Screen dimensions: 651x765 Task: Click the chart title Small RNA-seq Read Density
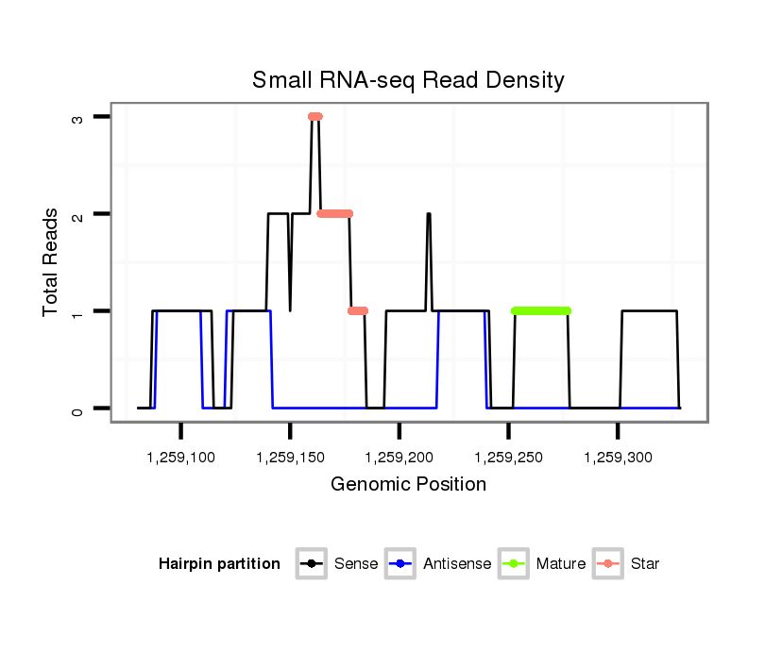pyautogui.click(x=408, y=80)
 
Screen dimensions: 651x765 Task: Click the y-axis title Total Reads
pyautogui.click(x=51, y=262)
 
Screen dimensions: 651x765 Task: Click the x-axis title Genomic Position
pyautogui.click(x=408, y=485)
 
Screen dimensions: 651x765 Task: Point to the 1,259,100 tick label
pyautogui.click(x=181, y=458)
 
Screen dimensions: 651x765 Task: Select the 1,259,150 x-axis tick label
pyautogui.click(x=290, y=458)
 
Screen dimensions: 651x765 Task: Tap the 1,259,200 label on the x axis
pyautogui.click(x=399, y=458)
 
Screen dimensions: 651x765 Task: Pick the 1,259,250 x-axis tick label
pyautogui.click(x=508, y=458)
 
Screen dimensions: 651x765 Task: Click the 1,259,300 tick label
pyautogui.click(x=618, y=458)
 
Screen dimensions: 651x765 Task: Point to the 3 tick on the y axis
pyautogui.click(x=77, y=117)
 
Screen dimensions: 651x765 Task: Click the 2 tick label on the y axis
pyautogui.click(x=77, y=214)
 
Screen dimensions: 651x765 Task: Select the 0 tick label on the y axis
pyautogui.click(x=77, y=409)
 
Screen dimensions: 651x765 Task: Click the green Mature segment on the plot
pyautogui.click(x=541, y=310)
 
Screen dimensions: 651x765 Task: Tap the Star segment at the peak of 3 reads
pyautogui.click(x=315, y=117)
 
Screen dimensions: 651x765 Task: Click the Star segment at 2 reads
pyautogui.click(x=335, y=214)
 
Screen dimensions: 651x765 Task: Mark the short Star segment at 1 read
pyautogui.click(x=358, y=310)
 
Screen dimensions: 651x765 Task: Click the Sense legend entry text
pyautogui.click(x=356, y=564)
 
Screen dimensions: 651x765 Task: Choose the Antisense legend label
pyautogui.click(x=457, y=564)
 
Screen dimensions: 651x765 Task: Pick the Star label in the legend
pyautogui.click(x=645, y=564)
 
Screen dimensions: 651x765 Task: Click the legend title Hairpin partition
pyautogui.click(x=220, y=564)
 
